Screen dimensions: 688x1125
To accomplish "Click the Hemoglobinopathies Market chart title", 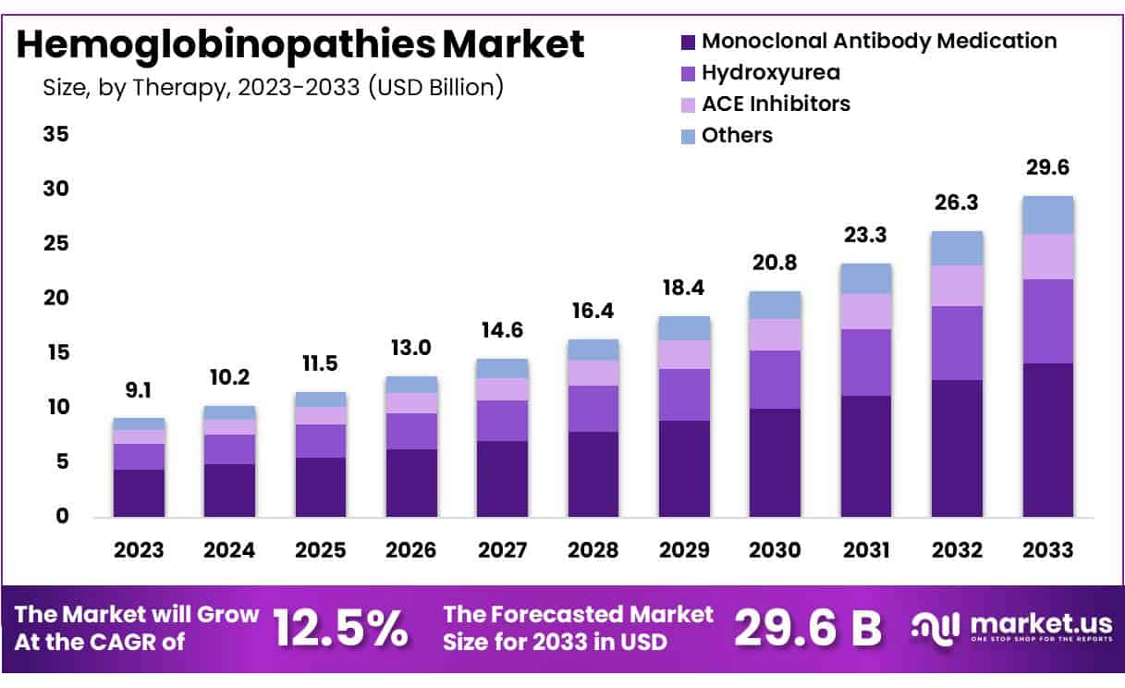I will (x=300, y=44).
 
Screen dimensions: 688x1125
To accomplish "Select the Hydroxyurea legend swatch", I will (x=688, y=73).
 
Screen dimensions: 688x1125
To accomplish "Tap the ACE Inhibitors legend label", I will (x=776, y=104).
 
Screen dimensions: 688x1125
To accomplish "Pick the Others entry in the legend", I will (x=737, y=136).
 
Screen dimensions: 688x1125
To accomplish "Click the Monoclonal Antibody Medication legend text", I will (x=879, y=42).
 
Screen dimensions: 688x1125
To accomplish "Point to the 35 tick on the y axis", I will (x=56, y=135).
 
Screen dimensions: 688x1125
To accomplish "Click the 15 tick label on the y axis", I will (x=56, y=353).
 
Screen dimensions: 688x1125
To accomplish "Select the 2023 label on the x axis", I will (x=139, y=550).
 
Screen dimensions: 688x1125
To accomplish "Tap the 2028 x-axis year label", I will (x=593, y=550).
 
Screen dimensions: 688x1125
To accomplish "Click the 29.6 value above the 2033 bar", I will (x=1047, y=168).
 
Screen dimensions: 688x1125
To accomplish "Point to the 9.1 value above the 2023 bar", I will (x=139, y=390).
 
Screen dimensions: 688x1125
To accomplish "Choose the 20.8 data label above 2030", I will (x=775, y=264).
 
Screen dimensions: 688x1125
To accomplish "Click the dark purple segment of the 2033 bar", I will (x=1047, y=440).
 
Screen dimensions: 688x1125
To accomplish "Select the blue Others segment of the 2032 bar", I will (x=957, y=248).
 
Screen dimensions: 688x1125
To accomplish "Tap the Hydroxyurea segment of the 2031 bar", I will (x=866, y=362).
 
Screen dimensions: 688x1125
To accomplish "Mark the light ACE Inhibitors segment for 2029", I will (x=684, y=354).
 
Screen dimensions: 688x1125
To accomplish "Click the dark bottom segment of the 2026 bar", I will (x=411, y=483).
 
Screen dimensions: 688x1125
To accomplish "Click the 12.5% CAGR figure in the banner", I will (x=341, y=629).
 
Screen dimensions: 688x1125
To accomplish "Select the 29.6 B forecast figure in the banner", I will (x=808, y=629).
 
